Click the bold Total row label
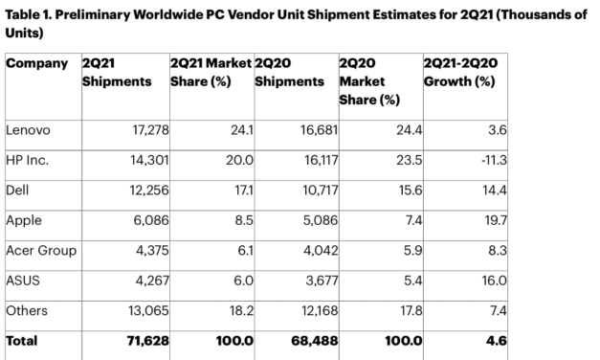tap(23, 339)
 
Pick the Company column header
tap(36, 63)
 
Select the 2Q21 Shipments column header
tap(117, 72)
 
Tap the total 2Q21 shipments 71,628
tap(143, 339)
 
